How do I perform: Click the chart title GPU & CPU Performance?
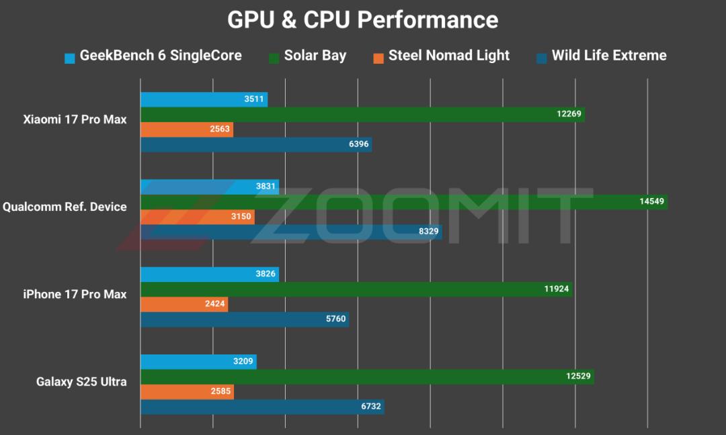[362, 20]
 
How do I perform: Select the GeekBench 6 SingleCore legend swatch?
[69, 58]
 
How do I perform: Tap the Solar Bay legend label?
[315, 56]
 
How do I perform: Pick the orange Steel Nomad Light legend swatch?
[378, 58]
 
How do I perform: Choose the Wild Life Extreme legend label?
[609, 56]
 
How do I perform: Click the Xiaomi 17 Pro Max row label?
[75, 119]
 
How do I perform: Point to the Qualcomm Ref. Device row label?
[65, 207]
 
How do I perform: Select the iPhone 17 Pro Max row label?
[75, 294]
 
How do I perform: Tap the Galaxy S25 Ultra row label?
[81, 381]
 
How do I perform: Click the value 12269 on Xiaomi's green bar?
[569, 113]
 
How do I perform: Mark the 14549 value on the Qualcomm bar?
[651, 201]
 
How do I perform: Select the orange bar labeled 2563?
[187, 130]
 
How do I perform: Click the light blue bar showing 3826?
[209, 274]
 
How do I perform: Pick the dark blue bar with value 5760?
[245, 320]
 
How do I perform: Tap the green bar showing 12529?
[367, 377]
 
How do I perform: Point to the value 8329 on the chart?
[428, 231]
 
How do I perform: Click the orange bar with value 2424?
[184, 304]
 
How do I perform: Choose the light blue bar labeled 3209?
[198, 362]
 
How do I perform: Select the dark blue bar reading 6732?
[262, 407]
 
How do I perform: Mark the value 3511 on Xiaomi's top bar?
[253, 99]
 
